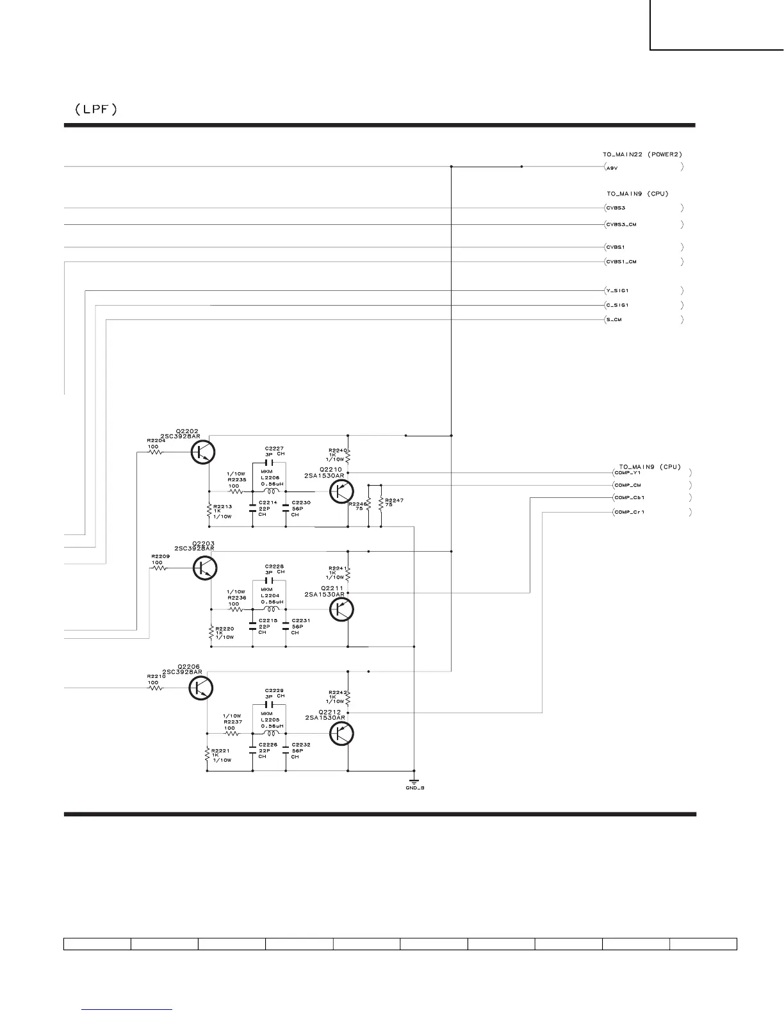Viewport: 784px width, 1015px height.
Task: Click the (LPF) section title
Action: (95, 110)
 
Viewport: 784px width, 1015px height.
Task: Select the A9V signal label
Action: (612, 167)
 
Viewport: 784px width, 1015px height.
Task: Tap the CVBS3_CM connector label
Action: (621, 225)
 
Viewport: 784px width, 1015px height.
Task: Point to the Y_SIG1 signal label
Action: (617, 291)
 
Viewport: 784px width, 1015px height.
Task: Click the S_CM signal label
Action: (614, 320)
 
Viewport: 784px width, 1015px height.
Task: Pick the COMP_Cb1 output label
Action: (629, 498)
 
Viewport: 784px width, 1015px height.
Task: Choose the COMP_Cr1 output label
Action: (629, 513)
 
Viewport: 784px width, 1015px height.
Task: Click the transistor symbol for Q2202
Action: (203, 452)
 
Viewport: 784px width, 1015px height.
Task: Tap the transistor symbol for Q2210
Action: (341, 491)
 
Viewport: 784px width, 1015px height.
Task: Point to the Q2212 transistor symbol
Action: (341, 734)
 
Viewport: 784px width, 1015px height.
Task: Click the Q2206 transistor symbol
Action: (201, 688)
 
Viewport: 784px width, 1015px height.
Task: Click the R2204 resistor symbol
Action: (156, 452)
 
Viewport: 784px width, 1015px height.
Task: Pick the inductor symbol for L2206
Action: (269, 491)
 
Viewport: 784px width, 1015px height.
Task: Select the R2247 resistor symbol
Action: (380, 504)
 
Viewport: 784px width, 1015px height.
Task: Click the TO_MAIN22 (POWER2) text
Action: (642, 154)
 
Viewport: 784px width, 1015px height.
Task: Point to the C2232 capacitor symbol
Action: (286, 750)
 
